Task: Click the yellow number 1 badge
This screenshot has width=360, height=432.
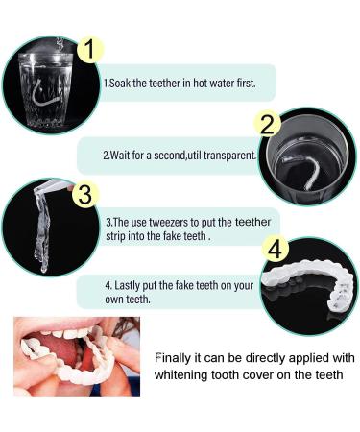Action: [89, 48]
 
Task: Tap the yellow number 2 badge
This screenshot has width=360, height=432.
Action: [270, 124]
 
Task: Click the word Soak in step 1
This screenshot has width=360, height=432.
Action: [120, 84]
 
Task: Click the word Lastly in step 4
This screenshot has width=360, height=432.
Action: [129, 284]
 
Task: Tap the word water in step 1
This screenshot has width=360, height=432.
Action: [220, 84]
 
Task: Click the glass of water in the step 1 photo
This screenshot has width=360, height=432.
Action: [45, 86]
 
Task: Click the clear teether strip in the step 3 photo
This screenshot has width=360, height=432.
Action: [43, 226]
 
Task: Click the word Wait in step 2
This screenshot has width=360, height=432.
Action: [121, 154]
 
